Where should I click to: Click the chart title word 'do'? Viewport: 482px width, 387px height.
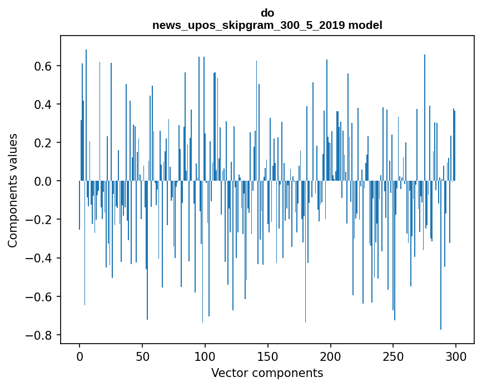267,13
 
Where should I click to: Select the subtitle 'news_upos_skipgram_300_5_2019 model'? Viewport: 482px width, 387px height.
267,25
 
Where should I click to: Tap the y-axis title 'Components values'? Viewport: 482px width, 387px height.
13,190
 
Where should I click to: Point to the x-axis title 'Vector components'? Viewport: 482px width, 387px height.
267,373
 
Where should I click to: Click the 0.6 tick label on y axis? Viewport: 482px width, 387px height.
43,66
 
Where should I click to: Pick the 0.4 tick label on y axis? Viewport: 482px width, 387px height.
43,105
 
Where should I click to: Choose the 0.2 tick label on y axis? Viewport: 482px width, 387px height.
43,143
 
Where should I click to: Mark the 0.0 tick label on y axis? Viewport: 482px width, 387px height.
43,181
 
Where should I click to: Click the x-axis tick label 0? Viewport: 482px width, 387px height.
79,356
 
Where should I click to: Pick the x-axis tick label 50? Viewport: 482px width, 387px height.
142,356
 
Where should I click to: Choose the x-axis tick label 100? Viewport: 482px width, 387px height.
205,356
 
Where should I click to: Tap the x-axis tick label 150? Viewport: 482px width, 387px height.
268,356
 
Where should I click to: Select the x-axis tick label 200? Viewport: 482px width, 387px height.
331,356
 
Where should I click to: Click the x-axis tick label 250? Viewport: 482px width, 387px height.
394,356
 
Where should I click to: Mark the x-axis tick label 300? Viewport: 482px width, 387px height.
456,356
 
